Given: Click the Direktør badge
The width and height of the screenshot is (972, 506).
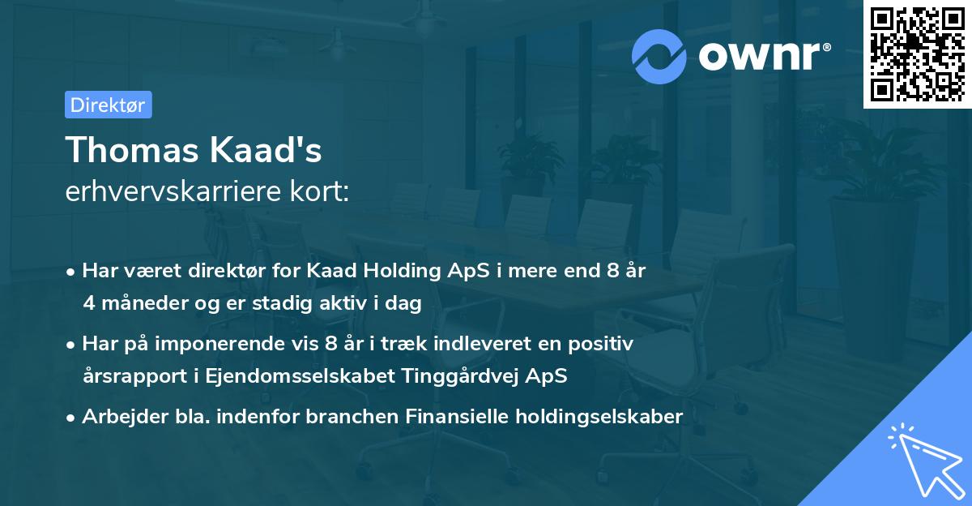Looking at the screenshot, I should [108, 105].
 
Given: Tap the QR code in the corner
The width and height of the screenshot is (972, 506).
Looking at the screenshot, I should [917, 54].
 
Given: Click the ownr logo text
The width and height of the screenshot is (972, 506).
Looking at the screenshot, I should [765, 54].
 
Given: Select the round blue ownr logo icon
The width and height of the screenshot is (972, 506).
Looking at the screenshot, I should [659, 55].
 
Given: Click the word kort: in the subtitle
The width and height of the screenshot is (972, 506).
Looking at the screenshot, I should [324, 194].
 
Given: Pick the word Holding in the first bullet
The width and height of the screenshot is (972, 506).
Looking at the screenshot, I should [408, 271].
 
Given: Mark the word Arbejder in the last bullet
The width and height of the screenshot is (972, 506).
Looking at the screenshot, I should [117, 417].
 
